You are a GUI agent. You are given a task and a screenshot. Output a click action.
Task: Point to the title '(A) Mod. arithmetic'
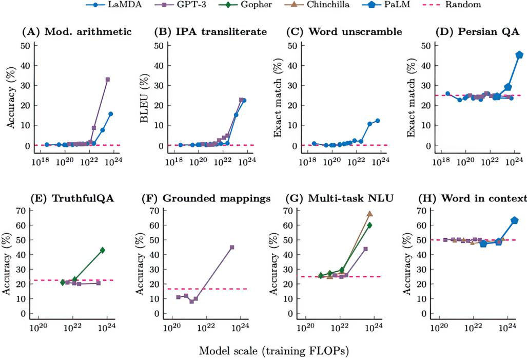coord(76,32)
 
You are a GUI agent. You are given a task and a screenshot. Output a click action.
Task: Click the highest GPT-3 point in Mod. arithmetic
coord(108,79)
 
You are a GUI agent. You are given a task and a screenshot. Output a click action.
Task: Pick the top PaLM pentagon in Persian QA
coord(519,54)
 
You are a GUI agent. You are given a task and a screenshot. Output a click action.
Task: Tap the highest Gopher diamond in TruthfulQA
coord(102,250)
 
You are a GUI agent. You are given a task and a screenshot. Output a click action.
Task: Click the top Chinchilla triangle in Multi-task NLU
coord(369,214)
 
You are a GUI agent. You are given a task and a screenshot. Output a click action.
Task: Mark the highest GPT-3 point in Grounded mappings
coord(232,247)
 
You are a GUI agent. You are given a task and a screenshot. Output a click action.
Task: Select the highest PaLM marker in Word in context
coord(515,220)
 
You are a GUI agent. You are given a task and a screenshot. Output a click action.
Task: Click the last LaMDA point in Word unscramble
coord(377,121)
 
